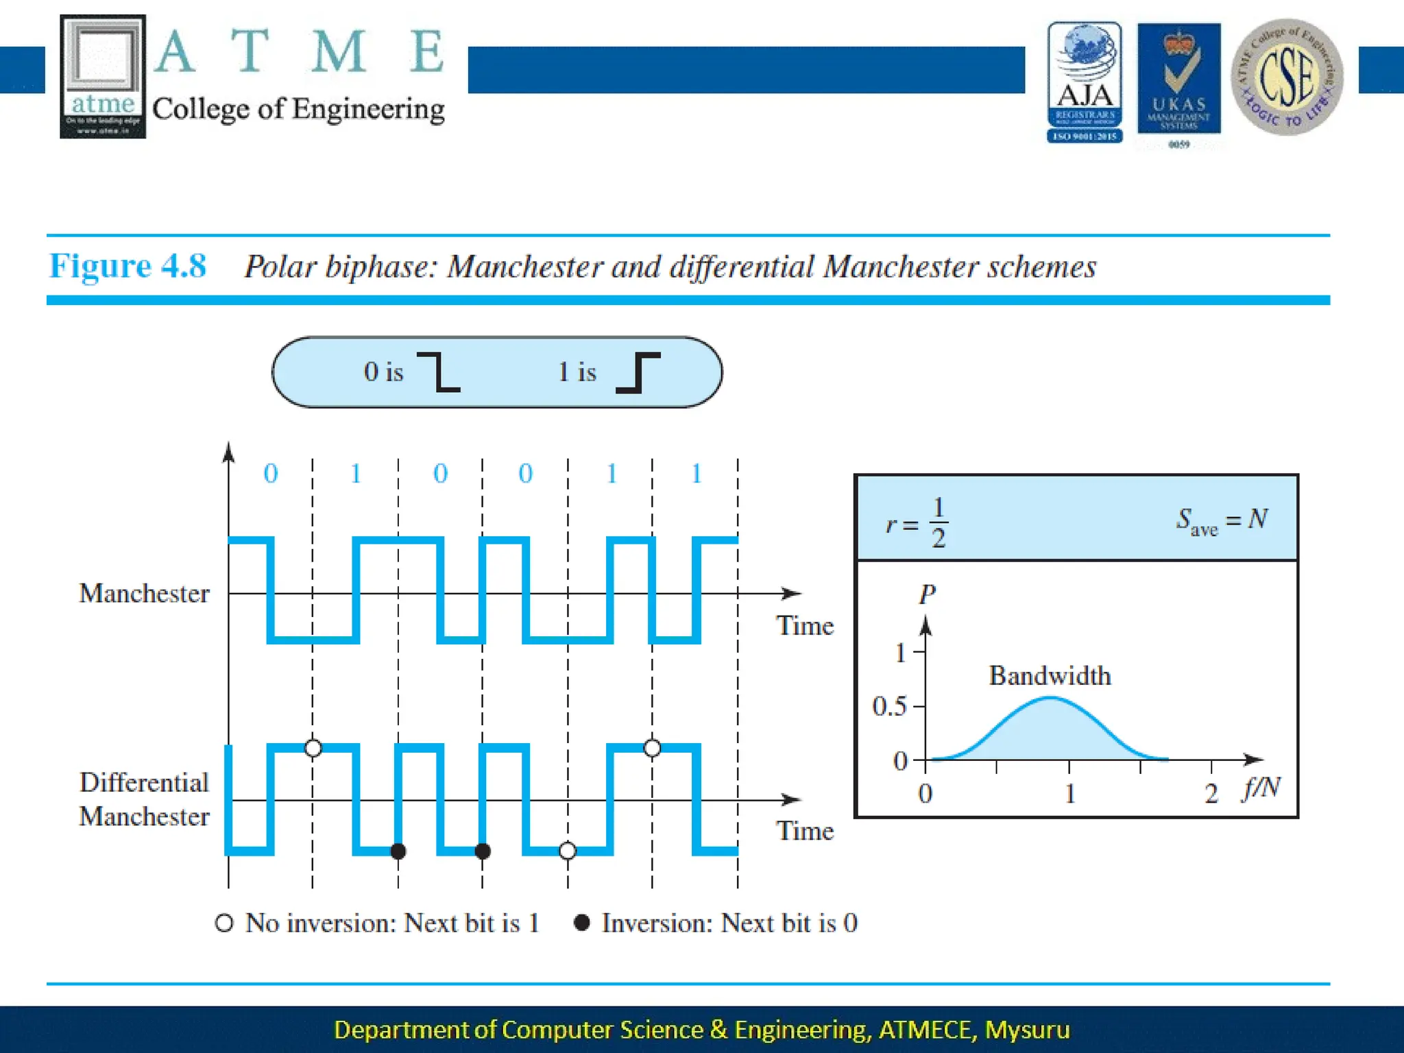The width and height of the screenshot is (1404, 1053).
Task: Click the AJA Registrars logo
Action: (1085, 82)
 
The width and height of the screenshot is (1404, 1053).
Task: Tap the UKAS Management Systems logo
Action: (1178, 81)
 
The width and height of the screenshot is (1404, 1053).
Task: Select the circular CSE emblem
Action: (1287, 77)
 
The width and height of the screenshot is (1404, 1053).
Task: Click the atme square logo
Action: (103, 76)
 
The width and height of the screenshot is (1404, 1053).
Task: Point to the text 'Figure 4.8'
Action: (128, 266)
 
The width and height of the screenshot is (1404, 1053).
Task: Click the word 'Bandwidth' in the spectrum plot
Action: (1050, 676)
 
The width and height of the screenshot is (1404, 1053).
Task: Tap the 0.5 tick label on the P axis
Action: (889, 706)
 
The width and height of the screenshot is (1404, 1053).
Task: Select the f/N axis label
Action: (1261, 788)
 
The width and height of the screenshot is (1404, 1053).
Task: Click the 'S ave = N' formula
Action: (1222, 521)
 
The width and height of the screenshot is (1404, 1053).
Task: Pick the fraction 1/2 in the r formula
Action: (939, 522)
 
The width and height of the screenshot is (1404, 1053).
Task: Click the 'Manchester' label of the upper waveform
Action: (144, 594)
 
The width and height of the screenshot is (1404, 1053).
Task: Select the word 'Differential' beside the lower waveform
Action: (144, 782)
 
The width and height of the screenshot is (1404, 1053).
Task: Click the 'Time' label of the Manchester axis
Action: (805, 626)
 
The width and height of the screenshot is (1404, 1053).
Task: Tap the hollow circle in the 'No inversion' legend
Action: (224, 923)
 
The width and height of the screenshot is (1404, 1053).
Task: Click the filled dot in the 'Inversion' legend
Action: (582, 923)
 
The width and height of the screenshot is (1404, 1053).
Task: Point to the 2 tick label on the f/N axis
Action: (1211, 794)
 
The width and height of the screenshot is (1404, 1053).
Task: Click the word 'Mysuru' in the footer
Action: (1027, 1030)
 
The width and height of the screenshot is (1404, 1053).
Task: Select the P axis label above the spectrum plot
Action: (927, 594)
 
